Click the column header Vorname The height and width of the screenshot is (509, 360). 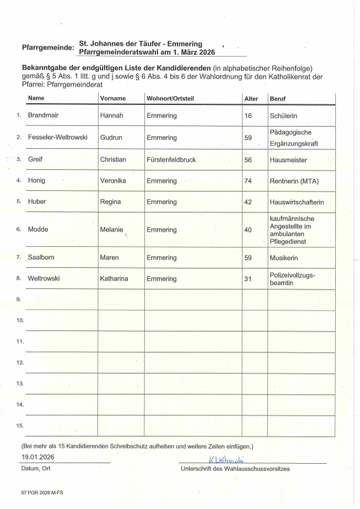coord(113,98)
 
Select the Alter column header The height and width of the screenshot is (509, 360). coord(251,98)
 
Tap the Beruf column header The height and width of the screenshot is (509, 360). coord(277,98)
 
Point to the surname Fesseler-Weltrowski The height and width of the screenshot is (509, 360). coord(58,137)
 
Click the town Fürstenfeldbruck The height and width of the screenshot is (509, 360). coord(172,159)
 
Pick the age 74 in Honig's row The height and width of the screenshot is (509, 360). coord(248,181)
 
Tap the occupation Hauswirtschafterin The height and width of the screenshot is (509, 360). coord(297,202)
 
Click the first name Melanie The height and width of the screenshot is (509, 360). coord(112,229)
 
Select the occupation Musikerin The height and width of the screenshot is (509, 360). coord(284,258)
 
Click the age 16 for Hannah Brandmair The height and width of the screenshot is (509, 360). coord(248,116)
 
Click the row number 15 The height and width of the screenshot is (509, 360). coord(20,425)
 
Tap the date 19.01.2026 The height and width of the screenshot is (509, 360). coord(38,457)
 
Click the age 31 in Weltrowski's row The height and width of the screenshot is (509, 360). coord(248,279)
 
